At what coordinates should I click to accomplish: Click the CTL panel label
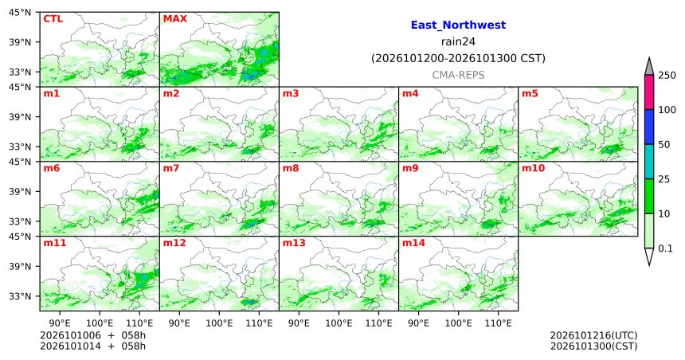point(53,19)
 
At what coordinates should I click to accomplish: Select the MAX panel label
point(174,19)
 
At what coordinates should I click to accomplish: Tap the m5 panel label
point(530,93)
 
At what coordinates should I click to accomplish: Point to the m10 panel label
point(533,168)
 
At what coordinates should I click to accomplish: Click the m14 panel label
point(413,243)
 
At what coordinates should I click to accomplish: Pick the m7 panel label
point(171,168)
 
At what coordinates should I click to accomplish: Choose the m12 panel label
point(174,243)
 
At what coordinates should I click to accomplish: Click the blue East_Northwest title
point(458,25)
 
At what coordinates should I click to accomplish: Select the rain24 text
point(458,41)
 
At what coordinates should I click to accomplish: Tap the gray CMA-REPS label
point(458,75)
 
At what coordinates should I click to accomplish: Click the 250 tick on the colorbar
point(667,76)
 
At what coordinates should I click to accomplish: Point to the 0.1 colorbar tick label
point(665,248)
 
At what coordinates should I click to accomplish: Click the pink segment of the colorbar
point(648,92)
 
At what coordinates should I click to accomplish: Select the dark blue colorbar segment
point(648,127)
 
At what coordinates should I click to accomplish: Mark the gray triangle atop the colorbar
point(648,66)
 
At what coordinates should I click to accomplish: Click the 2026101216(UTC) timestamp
point(593,335)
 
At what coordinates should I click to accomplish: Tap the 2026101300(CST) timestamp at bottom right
point(593,346)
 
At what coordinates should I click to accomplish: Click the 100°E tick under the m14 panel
point(458,323)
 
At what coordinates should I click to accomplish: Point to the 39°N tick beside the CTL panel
point(20,42)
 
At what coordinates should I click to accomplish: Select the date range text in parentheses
point(458,58)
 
